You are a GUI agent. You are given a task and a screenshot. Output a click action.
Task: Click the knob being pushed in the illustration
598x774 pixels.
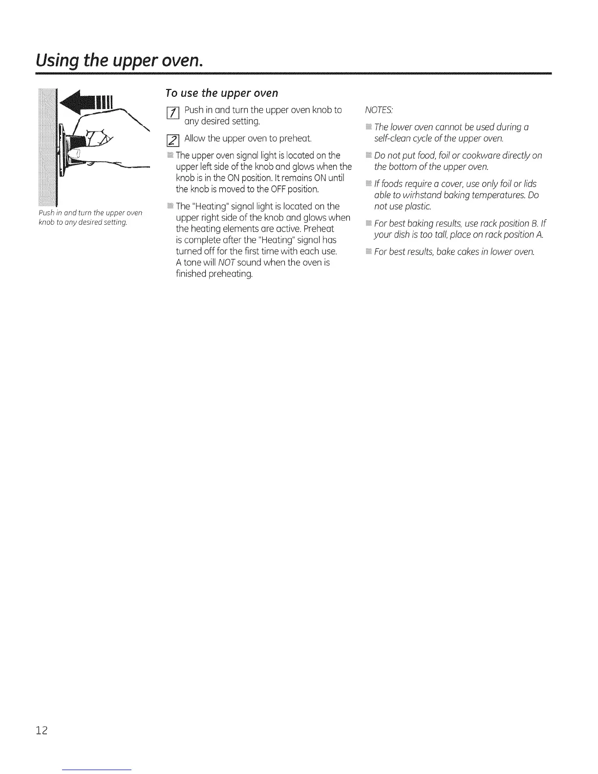73,155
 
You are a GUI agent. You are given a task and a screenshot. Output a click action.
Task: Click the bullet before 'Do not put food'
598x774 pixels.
368,155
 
